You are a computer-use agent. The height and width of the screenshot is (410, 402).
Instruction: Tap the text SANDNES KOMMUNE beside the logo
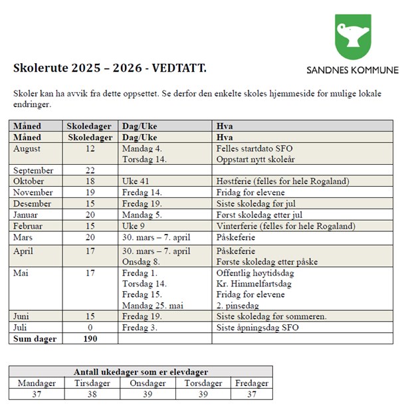(352, 69)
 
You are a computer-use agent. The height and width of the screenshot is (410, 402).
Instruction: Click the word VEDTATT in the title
(179, 68)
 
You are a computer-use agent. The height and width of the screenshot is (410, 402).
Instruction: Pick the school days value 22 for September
(90, 171)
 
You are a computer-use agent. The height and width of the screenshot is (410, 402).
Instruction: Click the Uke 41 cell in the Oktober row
(135, 181)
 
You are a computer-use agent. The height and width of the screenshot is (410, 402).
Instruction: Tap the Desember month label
(32, 203)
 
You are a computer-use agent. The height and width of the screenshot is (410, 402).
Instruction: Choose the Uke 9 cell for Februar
(132, 226)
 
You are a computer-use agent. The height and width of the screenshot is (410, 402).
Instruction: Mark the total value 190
(90, 339)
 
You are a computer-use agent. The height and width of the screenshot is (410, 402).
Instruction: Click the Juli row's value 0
(90, 328)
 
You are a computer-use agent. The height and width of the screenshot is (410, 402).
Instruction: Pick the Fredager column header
(252, 383)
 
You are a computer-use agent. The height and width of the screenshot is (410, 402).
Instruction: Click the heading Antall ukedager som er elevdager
(140, 371)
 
